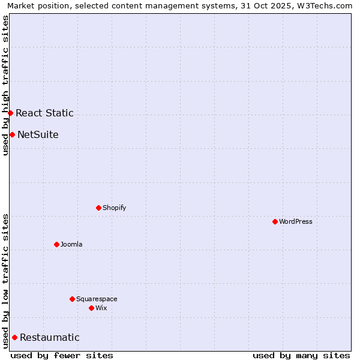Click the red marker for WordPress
(275, 221)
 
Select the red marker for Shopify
(98, 208)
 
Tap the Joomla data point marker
(56, 244)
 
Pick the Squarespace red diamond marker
(72, 299)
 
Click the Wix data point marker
(91, 308)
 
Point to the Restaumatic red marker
(14, 337)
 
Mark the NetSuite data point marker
(12, 134)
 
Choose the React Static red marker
(10, 113)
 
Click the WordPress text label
(296, 221)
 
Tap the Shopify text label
(114, 208)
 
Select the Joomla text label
(71, 244)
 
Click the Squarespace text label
(97, 299)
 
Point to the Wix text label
(101, 308)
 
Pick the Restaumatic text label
(49, 337)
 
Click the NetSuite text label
(38, 134)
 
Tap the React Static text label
(44, 113)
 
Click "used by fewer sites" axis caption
(62, 355)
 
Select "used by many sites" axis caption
(301, 355)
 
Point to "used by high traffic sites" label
(5, 85)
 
